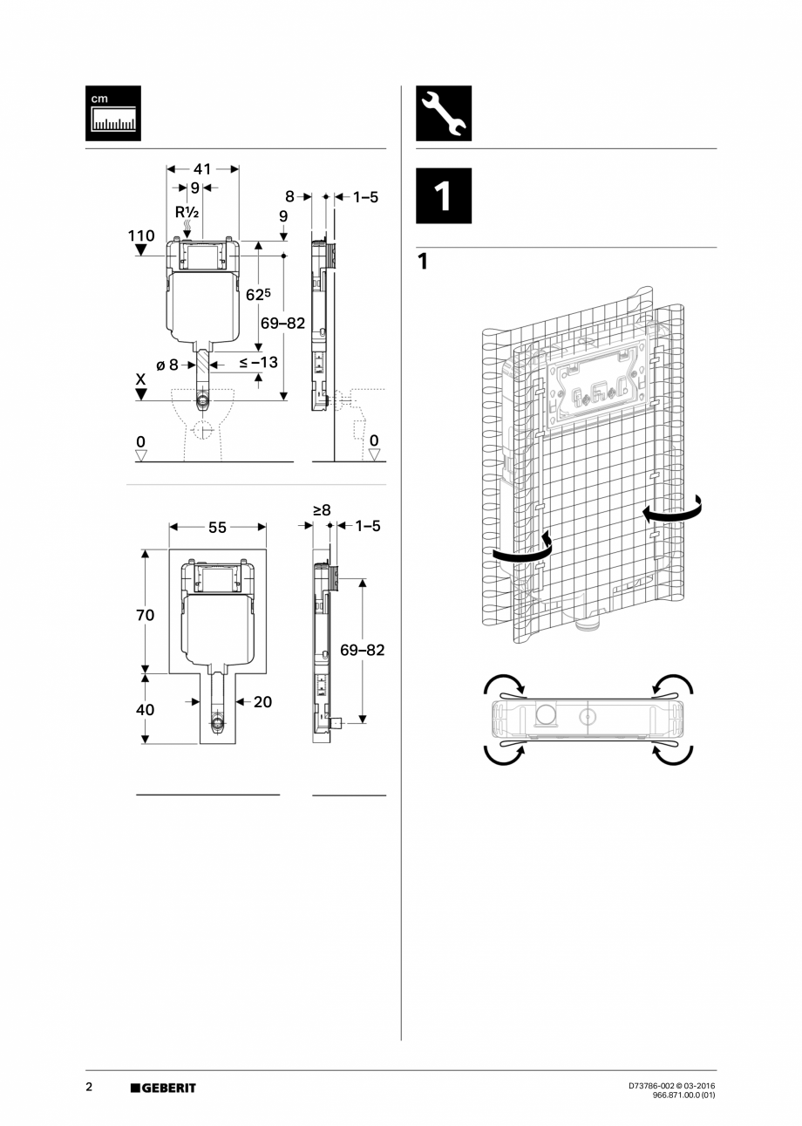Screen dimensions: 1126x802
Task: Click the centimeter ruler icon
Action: click(112, 113)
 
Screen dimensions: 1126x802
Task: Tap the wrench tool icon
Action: click(443, 113)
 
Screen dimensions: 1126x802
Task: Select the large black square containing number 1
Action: click(443, 196)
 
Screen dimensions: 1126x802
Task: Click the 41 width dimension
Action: click(202, 168)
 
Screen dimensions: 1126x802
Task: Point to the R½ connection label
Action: click(187, 213)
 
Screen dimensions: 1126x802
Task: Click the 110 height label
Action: click(140, 235)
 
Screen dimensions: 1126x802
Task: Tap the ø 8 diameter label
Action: click(167, 365)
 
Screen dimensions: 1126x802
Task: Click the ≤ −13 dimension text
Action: click(257, 362)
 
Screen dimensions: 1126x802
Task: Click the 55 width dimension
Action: click(217, 527)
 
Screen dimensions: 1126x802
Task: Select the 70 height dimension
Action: click(145, 615)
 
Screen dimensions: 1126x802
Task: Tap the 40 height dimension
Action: click(145, 709)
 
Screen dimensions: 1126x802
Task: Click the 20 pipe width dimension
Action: click(262, 701)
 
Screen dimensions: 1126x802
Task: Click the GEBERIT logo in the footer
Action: click(163, 1088)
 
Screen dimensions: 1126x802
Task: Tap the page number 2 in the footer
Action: click(89, 1087)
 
